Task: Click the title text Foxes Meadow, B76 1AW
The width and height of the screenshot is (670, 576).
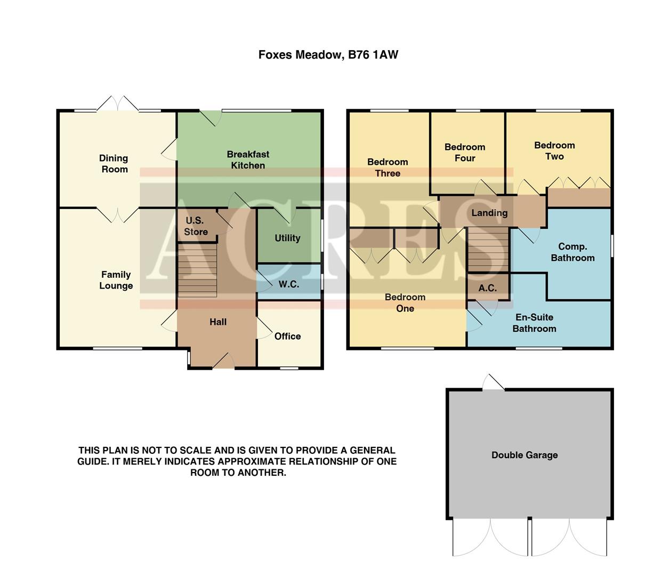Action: click(328, 54)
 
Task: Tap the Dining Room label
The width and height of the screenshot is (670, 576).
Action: click(114, 164)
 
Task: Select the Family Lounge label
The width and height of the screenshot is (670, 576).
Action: click(116, 280)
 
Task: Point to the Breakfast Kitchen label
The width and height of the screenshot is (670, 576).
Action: click(248, 159)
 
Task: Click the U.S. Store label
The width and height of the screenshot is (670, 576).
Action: click(196, 226)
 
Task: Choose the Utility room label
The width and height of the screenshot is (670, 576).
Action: click(287, 238)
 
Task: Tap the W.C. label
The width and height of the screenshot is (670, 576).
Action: click(288, 284)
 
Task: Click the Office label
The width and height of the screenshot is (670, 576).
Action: click(287, 336)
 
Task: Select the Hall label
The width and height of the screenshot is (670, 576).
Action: click(217, 322)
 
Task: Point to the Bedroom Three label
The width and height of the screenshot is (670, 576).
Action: click(388, 167)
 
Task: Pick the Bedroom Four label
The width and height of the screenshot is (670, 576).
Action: click(465, 153)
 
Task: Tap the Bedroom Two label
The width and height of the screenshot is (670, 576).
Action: click(554, 151)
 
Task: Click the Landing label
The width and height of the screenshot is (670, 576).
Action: click(489, 213)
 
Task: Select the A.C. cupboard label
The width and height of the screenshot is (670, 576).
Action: click(487, 288)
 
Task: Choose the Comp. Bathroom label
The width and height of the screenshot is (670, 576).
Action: click(572, 252)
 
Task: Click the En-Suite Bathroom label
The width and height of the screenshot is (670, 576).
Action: click(534, 323)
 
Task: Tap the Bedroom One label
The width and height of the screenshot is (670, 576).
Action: click(405, 302)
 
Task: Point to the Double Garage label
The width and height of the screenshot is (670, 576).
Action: click(524, 455)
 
